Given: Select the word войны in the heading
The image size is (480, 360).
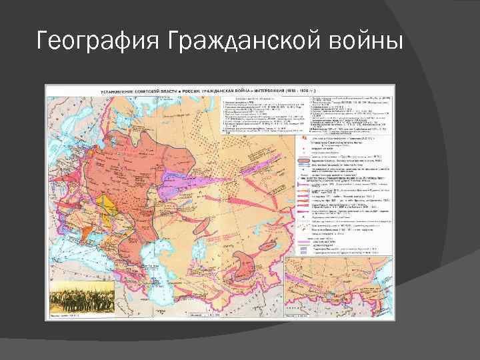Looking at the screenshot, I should point(366,42).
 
